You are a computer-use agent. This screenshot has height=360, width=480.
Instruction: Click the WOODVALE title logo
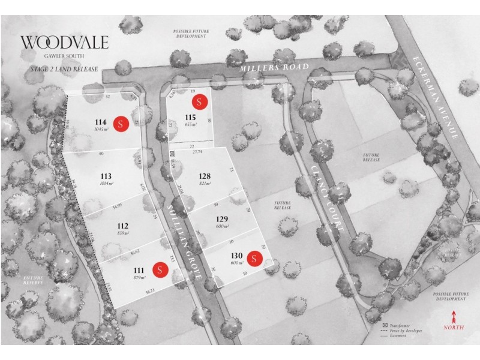point(65,43)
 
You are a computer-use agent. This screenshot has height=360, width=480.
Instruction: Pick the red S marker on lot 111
point(160,269)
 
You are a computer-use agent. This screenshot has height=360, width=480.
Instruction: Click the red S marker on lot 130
point(254,259)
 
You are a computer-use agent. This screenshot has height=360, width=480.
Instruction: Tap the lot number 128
point(205,176)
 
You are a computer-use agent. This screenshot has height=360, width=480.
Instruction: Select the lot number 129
point(223,220)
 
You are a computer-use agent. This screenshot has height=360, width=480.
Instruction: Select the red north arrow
point(454,316)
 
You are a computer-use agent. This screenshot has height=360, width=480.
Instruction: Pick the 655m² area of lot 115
point(191,124)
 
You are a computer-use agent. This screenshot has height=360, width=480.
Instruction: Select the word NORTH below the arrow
point(454,328)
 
